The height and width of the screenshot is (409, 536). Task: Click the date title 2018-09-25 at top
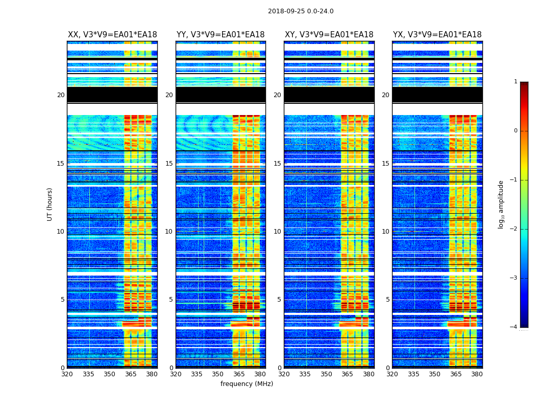click(301, 11)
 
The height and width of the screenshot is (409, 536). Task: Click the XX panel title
click(112, 35)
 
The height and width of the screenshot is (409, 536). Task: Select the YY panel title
click(221, 35)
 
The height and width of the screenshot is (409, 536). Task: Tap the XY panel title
click(329, 35)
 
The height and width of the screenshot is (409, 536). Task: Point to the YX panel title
click(437, 35)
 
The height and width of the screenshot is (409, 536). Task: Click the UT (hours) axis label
click(50, 204)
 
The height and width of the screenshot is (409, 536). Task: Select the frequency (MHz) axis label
click(247, 384)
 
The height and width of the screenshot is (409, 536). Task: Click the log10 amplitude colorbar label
click(501, 204)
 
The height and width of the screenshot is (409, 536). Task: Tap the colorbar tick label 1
click(516, 82)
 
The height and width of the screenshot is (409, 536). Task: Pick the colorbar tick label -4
click(515, 327)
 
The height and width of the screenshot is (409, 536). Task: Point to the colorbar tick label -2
click(515, 229)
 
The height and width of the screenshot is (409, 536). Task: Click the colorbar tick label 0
click(516, 131)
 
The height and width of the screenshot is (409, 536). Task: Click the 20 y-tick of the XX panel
click(61, 95)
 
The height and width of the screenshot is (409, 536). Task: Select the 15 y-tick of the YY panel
click(169, 164)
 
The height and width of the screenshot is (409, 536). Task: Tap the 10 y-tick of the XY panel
click(277, 232)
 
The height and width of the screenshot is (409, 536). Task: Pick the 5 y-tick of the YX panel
click(387, 300)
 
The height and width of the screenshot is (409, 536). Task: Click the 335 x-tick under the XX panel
click(88, 374)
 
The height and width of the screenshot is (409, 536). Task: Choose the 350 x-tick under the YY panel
click(218, 374)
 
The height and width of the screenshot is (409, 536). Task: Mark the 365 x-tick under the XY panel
click(347, 374)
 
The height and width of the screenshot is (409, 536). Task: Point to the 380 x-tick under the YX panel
click(477, 374)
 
